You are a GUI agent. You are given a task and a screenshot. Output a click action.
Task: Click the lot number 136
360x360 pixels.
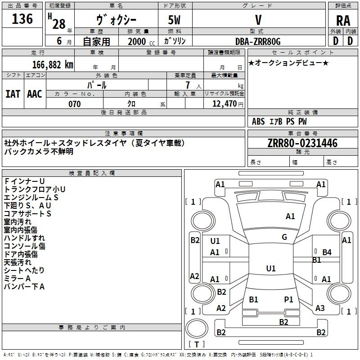(x=22, y=18)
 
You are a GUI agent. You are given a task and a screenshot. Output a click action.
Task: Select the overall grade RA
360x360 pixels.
(x=343, y=21)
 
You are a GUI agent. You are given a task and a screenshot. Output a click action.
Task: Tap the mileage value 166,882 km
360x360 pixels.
(x=53, y=65)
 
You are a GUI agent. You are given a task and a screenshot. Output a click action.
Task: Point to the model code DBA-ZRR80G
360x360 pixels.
(x=258, y=41)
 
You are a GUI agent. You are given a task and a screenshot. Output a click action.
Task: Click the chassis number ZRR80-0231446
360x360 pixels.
(x=302, y=143)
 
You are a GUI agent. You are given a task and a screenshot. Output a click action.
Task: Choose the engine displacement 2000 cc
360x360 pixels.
(x=141, y=41)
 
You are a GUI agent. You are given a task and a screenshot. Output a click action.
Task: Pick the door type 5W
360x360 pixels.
(x=174, y=20)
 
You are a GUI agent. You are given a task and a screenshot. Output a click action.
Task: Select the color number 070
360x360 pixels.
(x=75, y=104)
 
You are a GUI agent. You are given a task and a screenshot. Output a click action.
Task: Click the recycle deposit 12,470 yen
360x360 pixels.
(x=228, y=104)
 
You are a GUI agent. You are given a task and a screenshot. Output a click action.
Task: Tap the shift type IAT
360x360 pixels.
(x=13, y=94)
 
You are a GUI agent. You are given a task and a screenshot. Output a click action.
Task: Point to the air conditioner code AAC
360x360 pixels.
(x=35, y=94)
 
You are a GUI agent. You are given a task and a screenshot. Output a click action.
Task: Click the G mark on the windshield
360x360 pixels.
(x=284, y=237)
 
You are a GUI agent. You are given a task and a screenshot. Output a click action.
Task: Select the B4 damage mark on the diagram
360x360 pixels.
(x=327, y=252)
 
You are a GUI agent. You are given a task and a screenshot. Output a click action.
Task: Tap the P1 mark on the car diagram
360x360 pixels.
(x=288, y=300)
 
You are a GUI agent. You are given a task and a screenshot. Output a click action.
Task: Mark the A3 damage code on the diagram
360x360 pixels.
(x=320, y=308)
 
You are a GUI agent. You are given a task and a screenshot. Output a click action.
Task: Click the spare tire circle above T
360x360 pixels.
(x=197, y=329)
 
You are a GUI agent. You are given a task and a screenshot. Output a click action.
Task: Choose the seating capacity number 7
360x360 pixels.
(x=188, y=85)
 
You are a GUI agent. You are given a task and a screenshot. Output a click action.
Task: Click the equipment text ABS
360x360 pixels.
(x=258, y=121)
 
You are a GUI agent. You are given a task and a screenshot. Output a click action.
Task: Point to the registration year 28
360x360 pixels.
(x=59, y=24)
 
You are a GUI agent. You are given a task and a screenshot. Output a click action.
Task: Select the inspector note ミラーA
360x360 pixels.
(x=17, y=279)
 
